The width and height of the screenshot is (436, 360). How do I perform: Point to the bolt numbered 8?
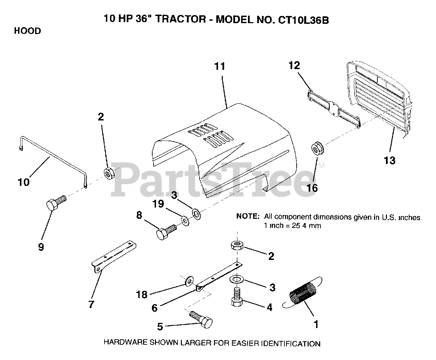pyautogui.click(x=166, y=232)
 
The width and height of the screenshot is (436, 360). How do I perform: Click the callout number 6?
pyautogui.click(x=154, y=308)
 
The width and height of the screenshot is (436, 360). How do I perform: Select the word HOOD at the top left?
pyautogui.click(x=27, y=31)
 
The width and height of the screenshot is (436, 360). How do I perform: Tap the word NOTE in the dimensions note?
pyautogui.click(x=248, y=217)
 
